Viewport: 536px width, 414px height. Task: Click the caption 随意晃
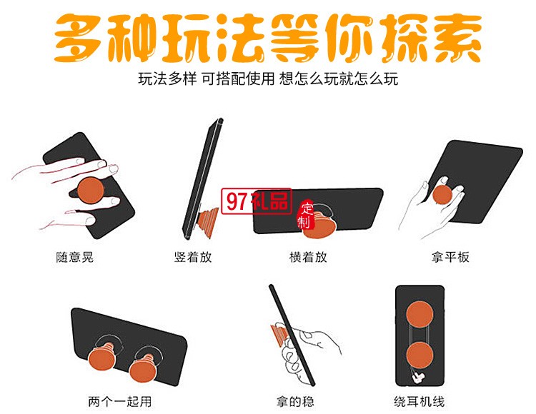(x=75, y=257)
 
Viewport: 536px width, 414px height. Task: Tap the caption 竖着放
(x=193, y=257)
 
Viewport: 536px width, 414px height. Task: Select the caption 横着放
(x=308, y=257)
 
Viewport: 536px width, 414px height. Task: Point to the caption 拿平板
(x=452, y=257)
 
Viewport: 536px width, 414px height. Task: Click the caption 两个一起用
(x=119, y=401)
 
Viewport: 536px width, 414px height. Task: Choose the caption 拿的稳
(x=294, y=401)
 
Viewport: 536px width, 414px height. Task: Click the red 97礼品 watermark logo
(x=256, y=202)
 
